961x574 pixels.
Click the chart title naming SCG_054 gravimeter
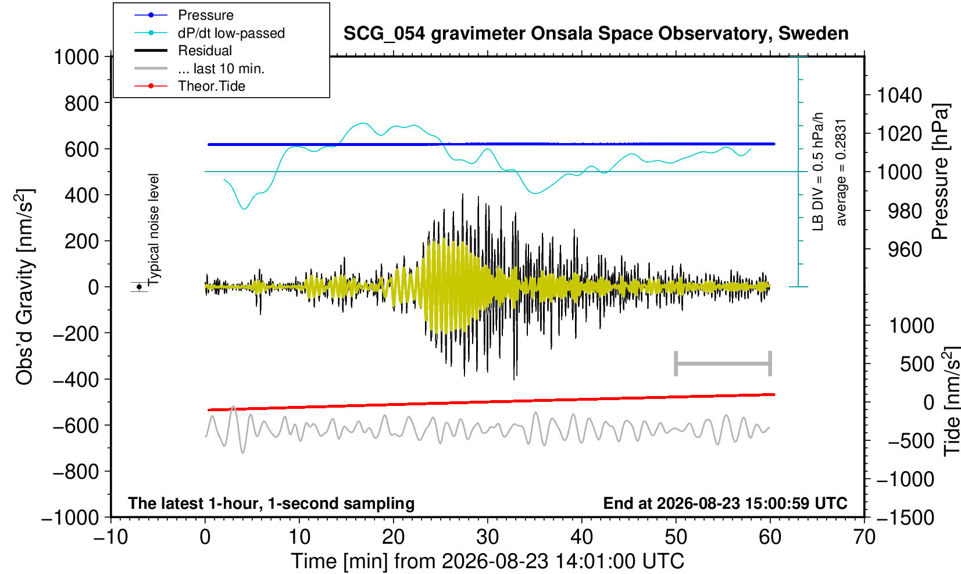pyautogui.click(x=596, y=34)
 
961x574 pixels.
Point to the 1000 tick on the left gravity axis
pyautogui.click(x=76, y=57)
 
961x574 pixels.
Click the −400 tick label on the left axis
pyautogui.click(x=76, y=380)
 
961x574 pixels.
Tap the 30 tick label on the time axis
pyautogui.click(x=487, y=537)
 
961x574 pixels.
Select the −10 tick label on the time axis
pyautogui.click(x=110, y=537)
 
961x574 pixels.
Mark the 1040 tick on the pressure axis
pyautogui.click(x=899, y=95)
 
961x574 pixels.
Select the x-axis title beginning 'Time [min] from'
pyautogui.click(x=487, y=561)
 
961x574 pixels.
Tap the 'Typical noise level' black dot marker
pyautogui.click(x=139, y=287)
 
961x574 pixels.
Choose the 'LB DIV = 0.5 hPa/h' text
pyautogui.click(x=818, y=172)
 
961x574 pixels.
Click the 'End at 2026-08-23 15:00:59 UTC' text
pyautogui.click(x=725, y=503)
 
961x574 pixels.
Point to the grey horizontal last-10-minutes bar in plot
pyautogui.click(x=723, y=363)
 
